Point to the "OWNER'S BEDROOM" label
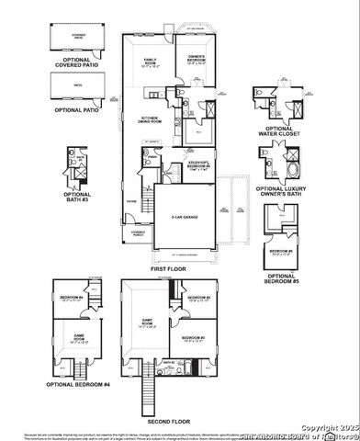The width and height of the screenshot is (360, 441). click(195, 62)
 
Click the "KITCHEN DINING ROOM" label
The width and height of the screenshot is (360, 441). click(151, 119)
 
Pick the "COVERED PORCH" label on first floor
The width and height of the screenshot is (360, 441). click(138, 233)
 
